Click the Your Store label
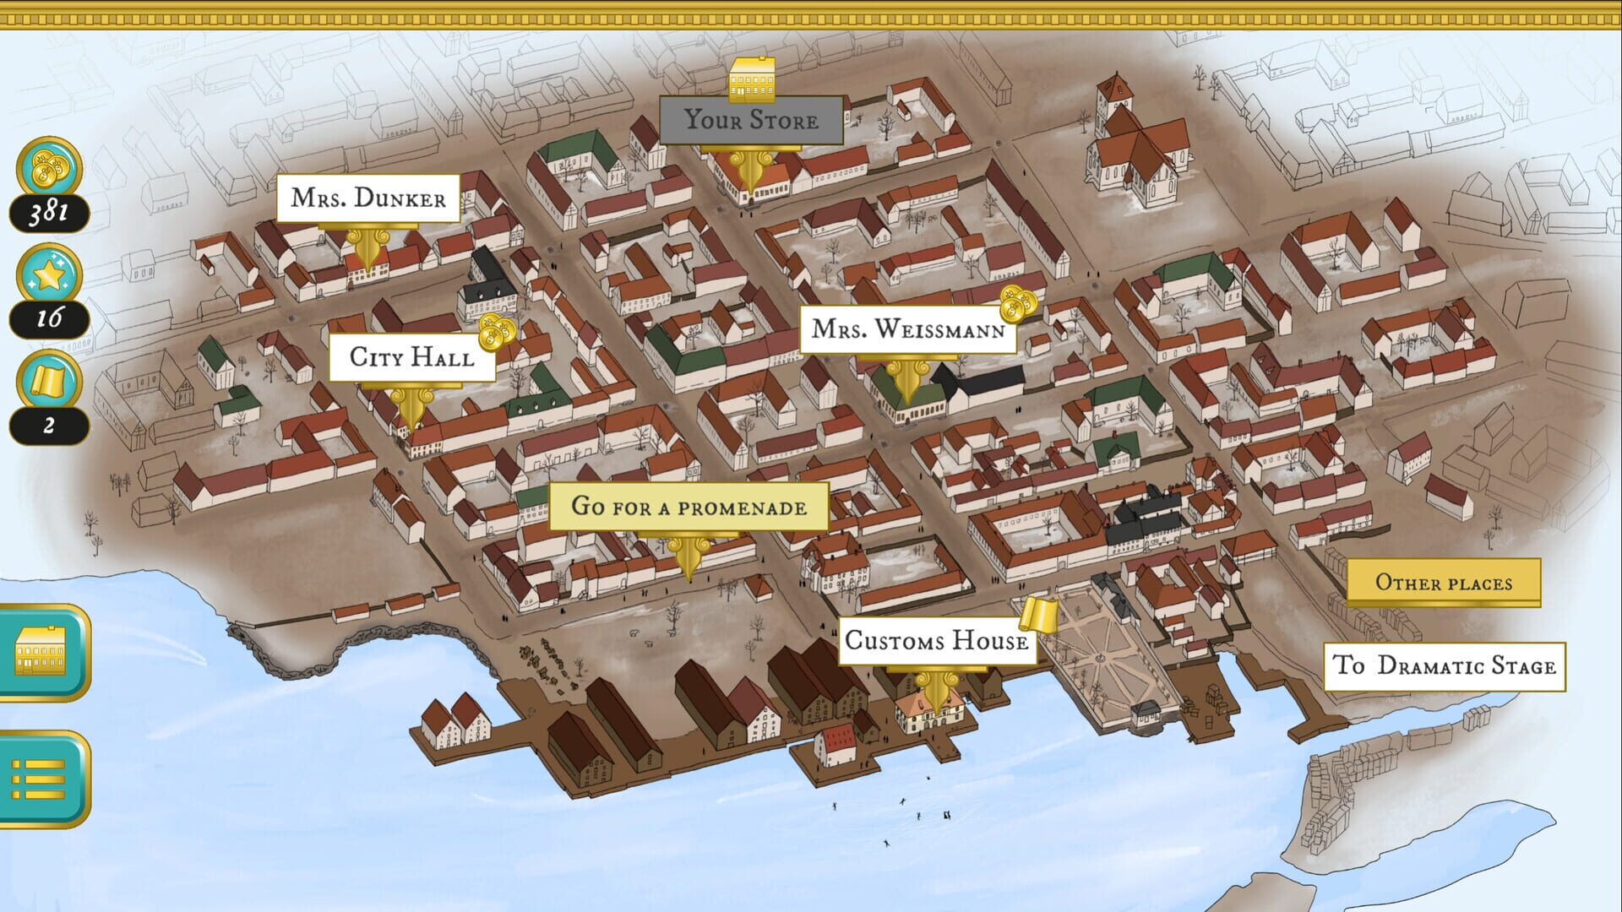(751, 120)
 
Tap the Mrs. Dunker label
(368, 198)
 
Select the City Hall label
(411, 357)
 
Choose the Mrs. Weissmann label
(907, 329)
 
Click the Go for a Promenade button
(689, 507)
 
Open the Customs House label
(936, 641)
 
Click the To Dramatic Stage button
(1444, 666)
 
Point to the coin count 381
(49, 212)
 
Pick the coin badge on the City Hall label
(497, 332)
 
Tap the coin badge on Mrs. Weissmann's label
(1017, 303)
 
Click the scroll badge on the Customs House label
(1038, 614)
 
